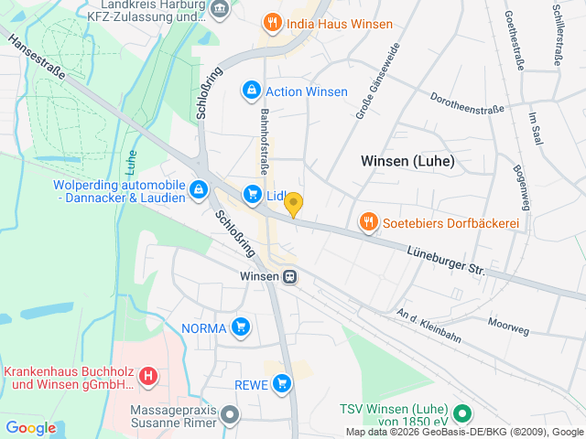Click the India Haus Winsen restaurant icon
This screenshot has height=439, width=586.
(x=271, y=23)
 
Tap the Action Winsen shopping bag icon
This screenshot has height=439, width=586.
(x=250, y=91)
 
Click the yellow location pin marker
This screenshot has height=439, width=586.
(x=294, y=205)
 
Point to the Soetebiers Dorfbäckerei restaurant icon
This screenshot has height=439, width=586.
(x=368, y=222)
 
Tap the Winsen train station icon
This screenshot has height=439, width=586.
(x=289, y=274)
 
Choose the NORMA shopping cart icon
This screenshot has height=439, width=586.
(x=241, y=327)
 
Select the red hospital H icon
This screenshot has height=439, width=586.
(x=150, y=375)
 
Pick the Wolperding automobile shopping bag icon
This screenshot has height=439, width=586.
(x=198, y=190)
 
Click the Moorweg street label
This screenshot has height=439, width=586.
(x=508, y=325)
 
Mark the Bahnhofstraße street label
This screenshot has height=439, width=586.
(x=263, y=142)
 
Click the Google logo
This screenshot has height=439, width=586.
(x=31, y=427)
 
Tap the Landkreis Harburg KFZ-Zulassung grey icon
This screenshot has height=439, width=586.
(x=220, y=9)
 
